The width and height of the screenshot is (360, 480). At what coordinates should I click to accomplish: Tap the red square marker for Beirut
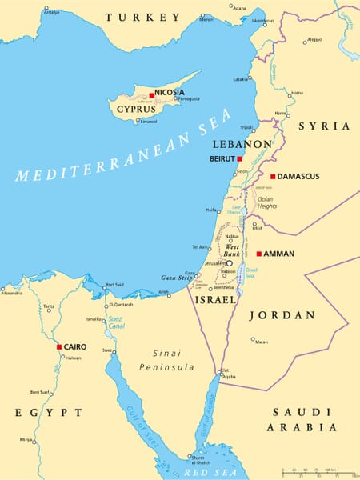[239, 159]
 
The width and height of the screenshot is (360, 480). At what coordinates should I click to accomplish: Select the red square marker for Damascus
[273, 176]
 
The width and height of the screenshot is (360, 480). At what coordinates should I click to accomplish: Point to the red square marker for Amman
[258, 254]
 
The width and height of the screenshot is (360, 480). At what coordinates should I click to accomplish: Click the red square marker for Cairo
[59, 347]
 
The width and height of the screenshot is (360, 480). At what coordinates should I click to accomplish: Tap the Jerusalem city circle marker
[230, 263]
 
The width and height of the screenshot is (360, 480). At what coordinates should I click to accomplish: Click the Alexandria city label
[11, 294]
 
